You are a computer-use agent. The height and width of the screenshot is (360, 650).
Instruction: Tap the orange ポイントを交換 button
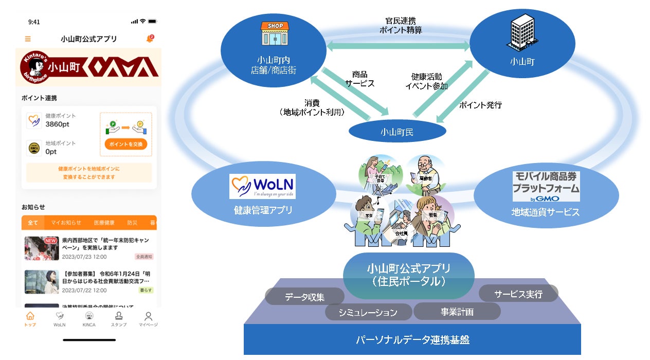(126, 144)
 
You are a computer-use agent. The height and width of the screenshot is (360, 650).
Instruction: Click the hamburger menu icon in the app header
(28, 39)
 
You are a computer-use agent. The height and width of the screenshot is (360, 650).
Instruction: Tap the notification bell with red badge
(150, 39)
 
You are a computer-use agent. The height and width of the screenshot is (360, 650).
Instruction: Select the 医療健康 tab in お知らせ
(104, 223)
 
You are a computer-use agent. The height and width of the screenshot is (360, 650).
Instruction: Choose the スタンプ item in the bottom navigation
(119, 318)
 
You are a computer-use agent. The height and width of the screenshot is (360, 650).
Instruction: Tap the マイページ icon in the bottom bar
(148, 318)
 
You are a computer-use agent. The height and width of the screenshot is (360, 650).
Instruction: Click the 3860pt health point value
(57, 124)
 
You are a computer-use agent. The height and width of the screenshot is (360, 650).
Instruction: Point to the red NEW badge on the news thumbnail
(50, 241)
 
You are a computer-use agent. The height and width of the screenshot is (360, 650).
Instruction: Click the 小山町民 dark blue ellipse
(397, 132)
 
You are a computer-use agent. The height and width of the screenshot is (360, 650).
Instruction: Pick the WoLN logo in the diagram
(262, 186)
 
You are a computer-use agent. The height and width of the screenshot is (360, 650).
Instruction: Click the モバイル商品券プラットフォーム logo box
(546, 186)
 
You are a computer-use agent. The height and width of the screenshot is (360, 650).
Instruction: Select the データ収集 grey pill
(304, 297)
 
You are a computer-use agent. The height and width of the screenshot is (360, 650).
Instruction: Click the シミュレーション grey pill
(368, 312)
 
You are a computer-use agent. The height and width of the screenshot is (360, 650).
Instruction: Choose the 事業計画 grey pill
(457, 312)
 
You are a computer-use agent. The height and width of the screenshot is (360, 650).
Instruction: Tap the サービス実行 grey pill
(518, 294)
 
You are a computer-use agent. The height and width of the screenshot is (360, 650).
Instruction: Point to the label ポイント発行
(480, 105)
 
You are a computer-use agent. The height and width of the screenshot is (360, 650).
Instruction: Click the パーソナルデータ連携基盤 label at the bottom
(412, 340)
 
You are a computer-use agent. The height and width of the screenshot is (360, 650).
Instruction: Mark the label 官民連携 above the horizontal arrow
(401, 21)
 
